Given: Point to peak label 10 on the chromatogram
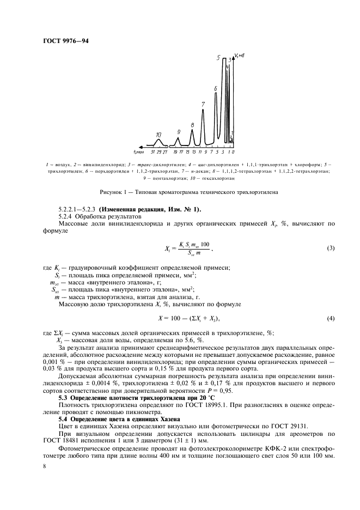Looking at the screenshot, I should tap(158, 134).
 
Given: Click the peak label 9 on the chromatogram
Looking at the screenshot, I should tap(178, 132).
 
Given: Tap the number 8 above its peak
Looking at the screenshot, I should tap(192, 125).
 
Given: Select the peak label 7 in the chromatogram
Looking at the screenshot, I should tap(203, 104).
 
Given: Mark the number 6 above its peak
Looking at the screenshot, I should tap(216, 88).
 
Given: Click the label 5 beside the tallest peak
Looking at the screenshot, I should tap(218, 57).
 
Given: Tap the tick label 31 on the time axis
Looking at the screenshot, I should tap(153, 151).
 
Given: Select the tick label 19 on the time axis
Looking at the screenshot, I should tap(176, 151).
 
